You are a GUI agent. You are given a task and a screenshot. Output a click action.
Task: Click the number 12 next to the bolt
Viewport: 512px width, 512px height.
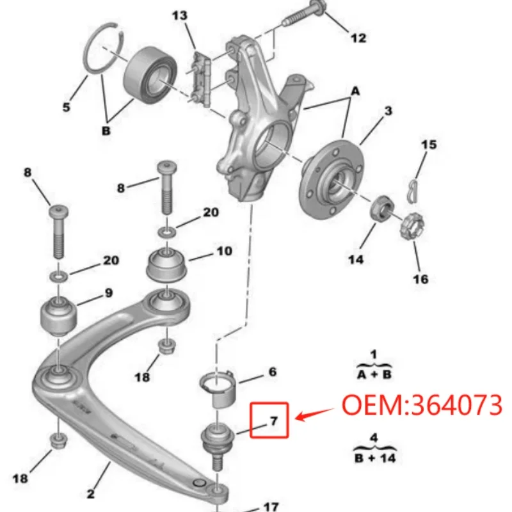pyautogui.click(x=358, y=38)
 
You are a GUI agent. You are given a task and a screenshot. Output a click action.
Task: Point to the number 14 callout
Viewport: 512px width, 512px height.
pyautogui.click(x=356, y=259)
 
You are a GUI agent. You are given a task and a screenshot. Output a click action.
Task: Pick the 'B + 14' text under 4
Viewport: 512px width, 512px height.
pyautogui.click(x=374, y=457)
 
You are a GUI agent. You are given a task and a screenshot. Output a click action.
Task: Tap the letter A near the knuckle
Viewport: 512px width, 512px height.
pyautogui.click(x=355, y=92)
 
